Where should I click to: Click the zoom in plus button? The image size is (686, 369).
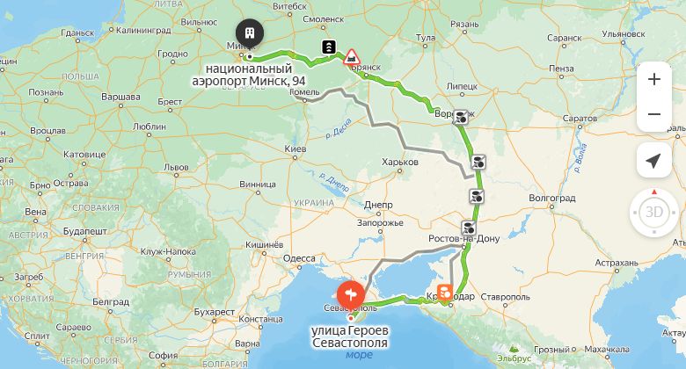coord(654,79)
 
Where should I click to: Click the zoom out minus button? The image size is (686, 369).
coord(654,114)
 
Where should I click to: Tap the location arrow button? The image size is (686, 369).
coord(653,161)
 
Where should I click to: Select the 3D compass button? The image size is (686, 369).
coord(654,213)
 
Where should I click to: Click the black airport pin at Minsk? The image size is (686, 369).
coord(250,33)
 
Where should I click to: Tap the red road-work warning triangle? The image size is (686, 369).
coord(352,56)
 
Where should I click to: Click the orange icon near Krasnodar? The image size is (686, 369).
coord(446,291)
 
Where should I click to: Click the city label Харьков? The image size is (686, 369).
coord(400,162)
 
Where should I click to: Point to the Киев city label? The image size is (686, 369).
coord(296,150)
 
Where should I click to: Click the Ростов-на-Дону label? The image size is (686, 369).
coord(463,239)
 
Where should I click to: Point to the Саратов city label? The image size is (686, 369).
coord(580,118)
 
